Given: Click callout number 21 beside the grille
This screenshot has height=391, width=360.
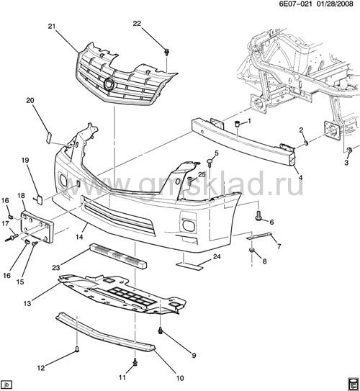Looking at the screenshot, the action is tap(52, 26).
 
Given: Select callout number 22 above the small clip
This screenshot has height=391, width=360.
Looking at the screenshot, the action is tap(137, 24).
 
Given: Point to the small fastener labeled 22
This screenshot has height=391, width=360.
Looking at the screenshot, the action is tap(166, 53).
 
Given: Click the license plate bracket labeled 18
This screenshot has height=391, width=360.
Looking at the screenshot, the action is tap(37, 226).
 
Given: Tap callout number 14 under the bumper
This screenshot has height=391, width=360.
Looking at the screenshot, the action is tap(79, 236).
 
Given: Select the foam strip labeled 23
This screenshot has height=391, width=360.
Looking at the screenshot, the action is tap(118, 255).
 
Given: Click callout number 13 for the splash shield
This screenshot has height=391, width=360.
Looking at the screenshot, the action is tap(27, 303).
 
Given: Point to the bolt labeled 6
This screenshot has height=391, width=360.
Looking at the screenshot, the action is tap(258, 217).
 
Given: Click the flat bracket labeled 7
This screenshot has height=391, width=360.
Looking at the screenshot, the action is tap(258, 236).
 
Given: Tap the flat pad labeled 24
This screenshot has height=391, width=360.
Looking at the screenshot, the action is tap(190, 266).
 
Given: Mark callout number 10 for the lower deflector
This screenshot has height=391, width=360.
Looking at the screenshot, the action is tap(180, 378).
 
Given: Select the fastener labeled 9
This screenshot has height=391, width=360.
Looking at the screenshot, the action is tap(161, 331).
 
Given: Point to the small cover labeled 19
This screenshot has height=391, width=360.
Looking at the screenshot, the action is tap(39, 199).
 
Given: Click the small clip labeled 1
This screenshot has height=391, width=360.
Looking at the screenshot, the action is tap(238, 123).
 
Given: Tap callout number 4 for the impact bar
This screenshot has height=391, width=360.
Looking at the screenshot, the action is tap(300, 178).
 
